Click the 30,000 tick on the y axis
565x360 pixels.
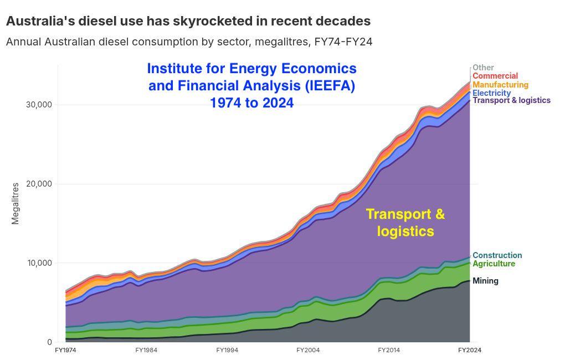point(39,105)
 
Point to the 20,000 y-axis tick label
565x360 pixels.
point(39,184)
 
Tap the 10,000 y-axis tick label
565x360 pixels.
point(39,263)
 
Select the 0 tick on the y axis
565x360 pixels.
point(50,342)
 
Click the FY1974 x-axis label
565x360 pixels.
point(65,350)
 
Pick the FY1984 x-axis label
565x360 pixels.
point(146,350)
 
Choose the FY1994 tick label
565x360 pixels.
point(227,350)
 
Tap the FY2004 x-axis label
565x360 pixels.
point(308,350)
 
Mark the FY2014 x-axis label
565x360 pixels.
point(389,350)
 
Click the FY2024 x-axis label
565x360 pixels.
point(470,350)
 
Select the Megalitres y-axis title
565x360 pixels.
point(15,204)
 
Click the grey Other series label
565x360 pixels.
point(483,68)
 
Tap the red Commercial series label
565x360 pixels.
point(495,76)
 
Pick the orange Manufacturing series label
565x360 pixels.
point(501,85)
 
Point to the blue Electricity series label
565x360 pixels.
point(491,92)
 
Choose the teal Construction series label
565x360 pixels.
point(497,255)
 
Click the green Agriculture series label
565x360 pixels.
point(494,264)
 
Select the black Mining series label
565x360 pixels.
point(485,281)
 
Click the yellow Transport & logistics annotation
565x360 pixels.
point(405,222)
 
